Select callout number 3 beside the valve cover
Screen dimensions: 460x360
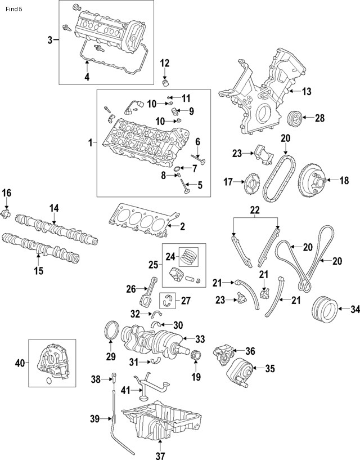49,39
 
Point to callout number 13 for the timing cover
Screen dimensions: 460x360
306,91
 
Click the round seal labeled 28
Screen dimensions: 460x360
294,119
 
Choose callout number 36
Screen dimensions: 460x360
250,351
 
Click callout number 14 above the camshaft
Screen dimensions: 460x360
53,208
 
